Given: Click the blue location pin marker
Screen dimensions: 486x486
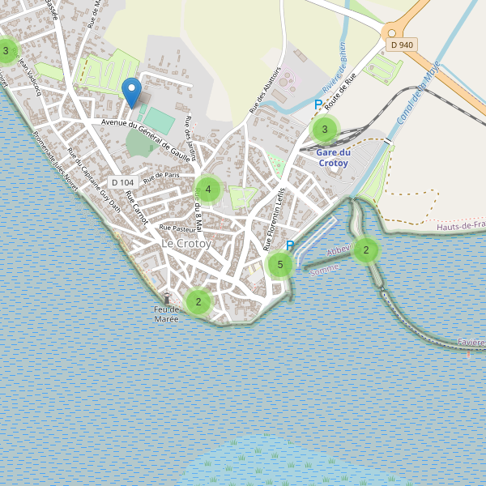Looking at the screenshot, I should click(131, 92).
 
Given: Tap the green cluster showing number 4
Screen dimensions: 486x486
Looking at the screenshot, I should click(208, 190).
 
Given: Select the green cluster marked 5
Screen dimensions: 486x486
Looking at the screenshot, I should click(279, 264).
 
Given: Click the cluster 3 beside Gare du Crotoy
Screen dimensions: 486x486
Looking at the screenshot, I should click(325, 129).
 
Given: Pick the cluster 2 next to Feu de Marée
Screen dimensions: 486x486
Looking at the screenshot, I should click(198, 302).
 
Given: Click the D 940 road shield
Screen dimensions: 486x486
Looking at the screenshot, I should click(402, 45).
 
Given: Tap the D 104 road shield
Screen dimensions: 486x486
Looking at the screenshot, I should click(123, 183).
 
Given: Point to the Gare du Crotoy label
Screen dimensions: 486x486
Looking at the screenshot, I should click(333, 157).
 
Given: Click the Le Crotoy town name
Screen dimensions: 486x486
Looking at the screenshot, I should click(186, 243).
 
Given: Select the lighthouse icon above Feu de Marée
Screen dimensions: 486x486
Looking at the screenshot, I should click(167, 298).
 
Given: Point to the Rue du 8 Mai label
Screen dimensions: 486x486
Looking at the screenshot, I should click(198, 207).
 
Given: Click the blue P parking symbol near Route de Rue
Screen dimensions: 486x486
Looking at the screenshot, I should click(318, 104).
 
